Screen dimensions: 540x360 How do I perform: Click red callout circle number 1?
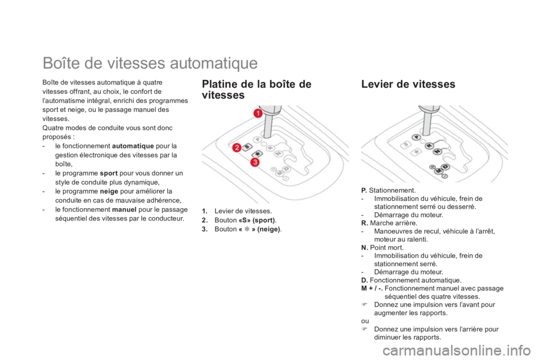[258, 112]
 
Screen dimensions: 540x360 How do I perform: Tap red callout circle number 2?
[236, 148]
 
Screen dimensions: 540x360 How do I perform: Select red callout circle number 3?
[255, 162]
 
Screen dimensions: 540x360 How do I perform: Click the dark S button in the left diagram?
[247, 147]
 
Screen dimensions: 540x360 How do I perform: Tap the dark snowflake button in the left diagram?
[257, 154]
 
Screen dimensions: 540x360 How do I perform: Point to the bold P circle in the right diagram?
[417, 137]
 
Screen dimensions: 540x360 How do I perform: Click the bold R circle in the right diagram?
[429, 146]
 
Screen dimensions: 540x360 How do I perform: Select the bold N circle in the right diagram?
[438, 151]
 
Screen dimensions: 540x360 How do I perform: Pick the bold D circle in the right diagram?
[445, 167]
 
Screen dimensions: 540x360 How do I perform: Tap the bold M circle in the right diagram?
[439, 171]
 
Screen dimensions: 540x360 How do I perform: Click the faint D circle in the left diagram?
[286, 168]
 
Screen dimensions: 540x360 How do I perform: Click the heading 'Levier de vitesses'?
[408, 84]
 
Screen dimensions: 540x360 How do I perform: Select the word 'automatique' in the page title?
[214, 63]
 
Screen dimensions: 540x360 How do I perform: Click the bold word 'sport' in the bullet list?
[109, 173]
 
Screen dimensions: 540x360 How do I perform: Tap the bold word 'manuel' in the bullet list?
[124, 209]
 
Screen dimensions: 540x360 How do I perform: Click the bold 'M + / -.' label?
[372, 289]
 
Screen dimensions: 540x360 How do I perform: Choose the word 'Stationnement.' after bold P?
[392, 191]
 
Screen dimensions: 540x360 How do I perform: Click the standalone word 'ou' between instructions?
[365, 321]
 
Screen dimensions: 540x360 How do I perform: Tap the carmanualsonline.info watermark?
[456, 350]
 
